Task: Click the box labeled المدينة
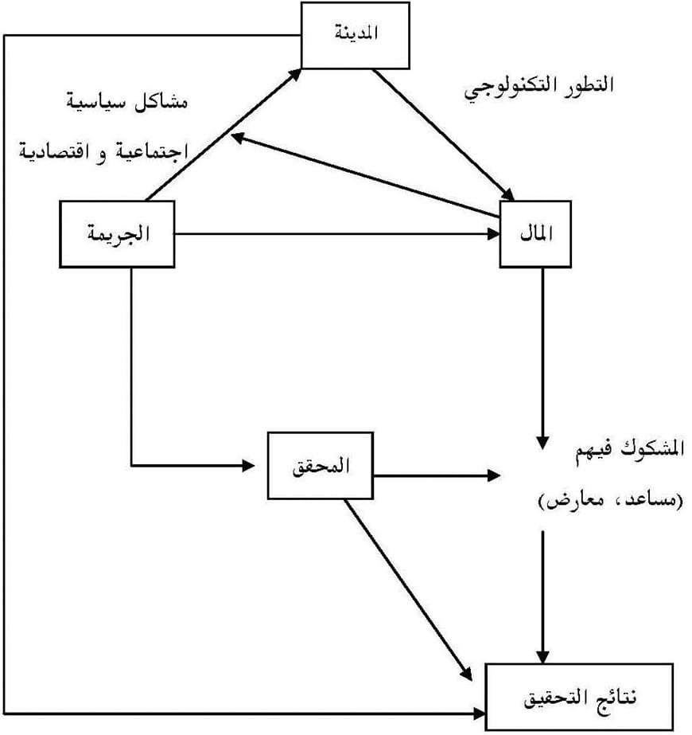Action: point(356,35)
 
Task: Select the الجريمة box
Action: point(118,234)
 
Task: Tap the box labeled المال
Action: point(535,234)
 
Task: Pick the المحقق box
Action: point(321,466)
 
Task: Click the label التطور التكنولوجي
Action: point(539,87)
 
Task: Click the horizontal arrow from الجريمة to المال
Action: point(334,234)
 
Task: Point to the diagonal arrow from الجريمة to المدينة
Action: point(223,135)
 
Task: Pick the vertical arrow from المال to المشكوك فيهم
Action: point(543,358)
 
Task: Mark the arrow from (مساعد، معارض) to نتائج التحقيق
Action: point(543,597)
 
